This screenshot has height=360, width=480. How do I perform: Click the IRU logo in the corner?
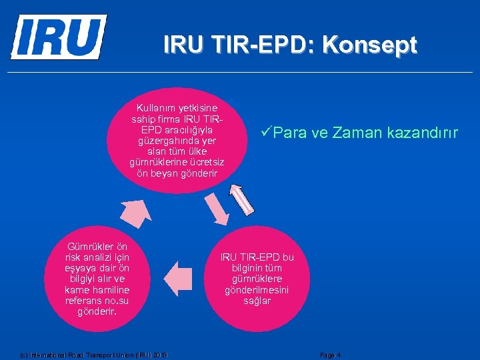[58, 37]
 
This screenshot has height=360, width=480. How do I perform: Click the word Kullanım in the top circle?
[156, 107]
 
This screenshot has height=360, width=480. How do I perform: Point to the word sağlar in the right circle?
[257, 301]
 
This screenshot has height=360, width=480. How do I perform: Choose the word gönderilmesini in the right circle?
[257, 290]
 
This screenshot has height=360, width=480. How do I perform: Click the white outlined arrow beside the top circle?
[243, 201]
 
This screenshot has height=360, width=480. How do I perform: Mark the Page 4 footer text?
[331, 355]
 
